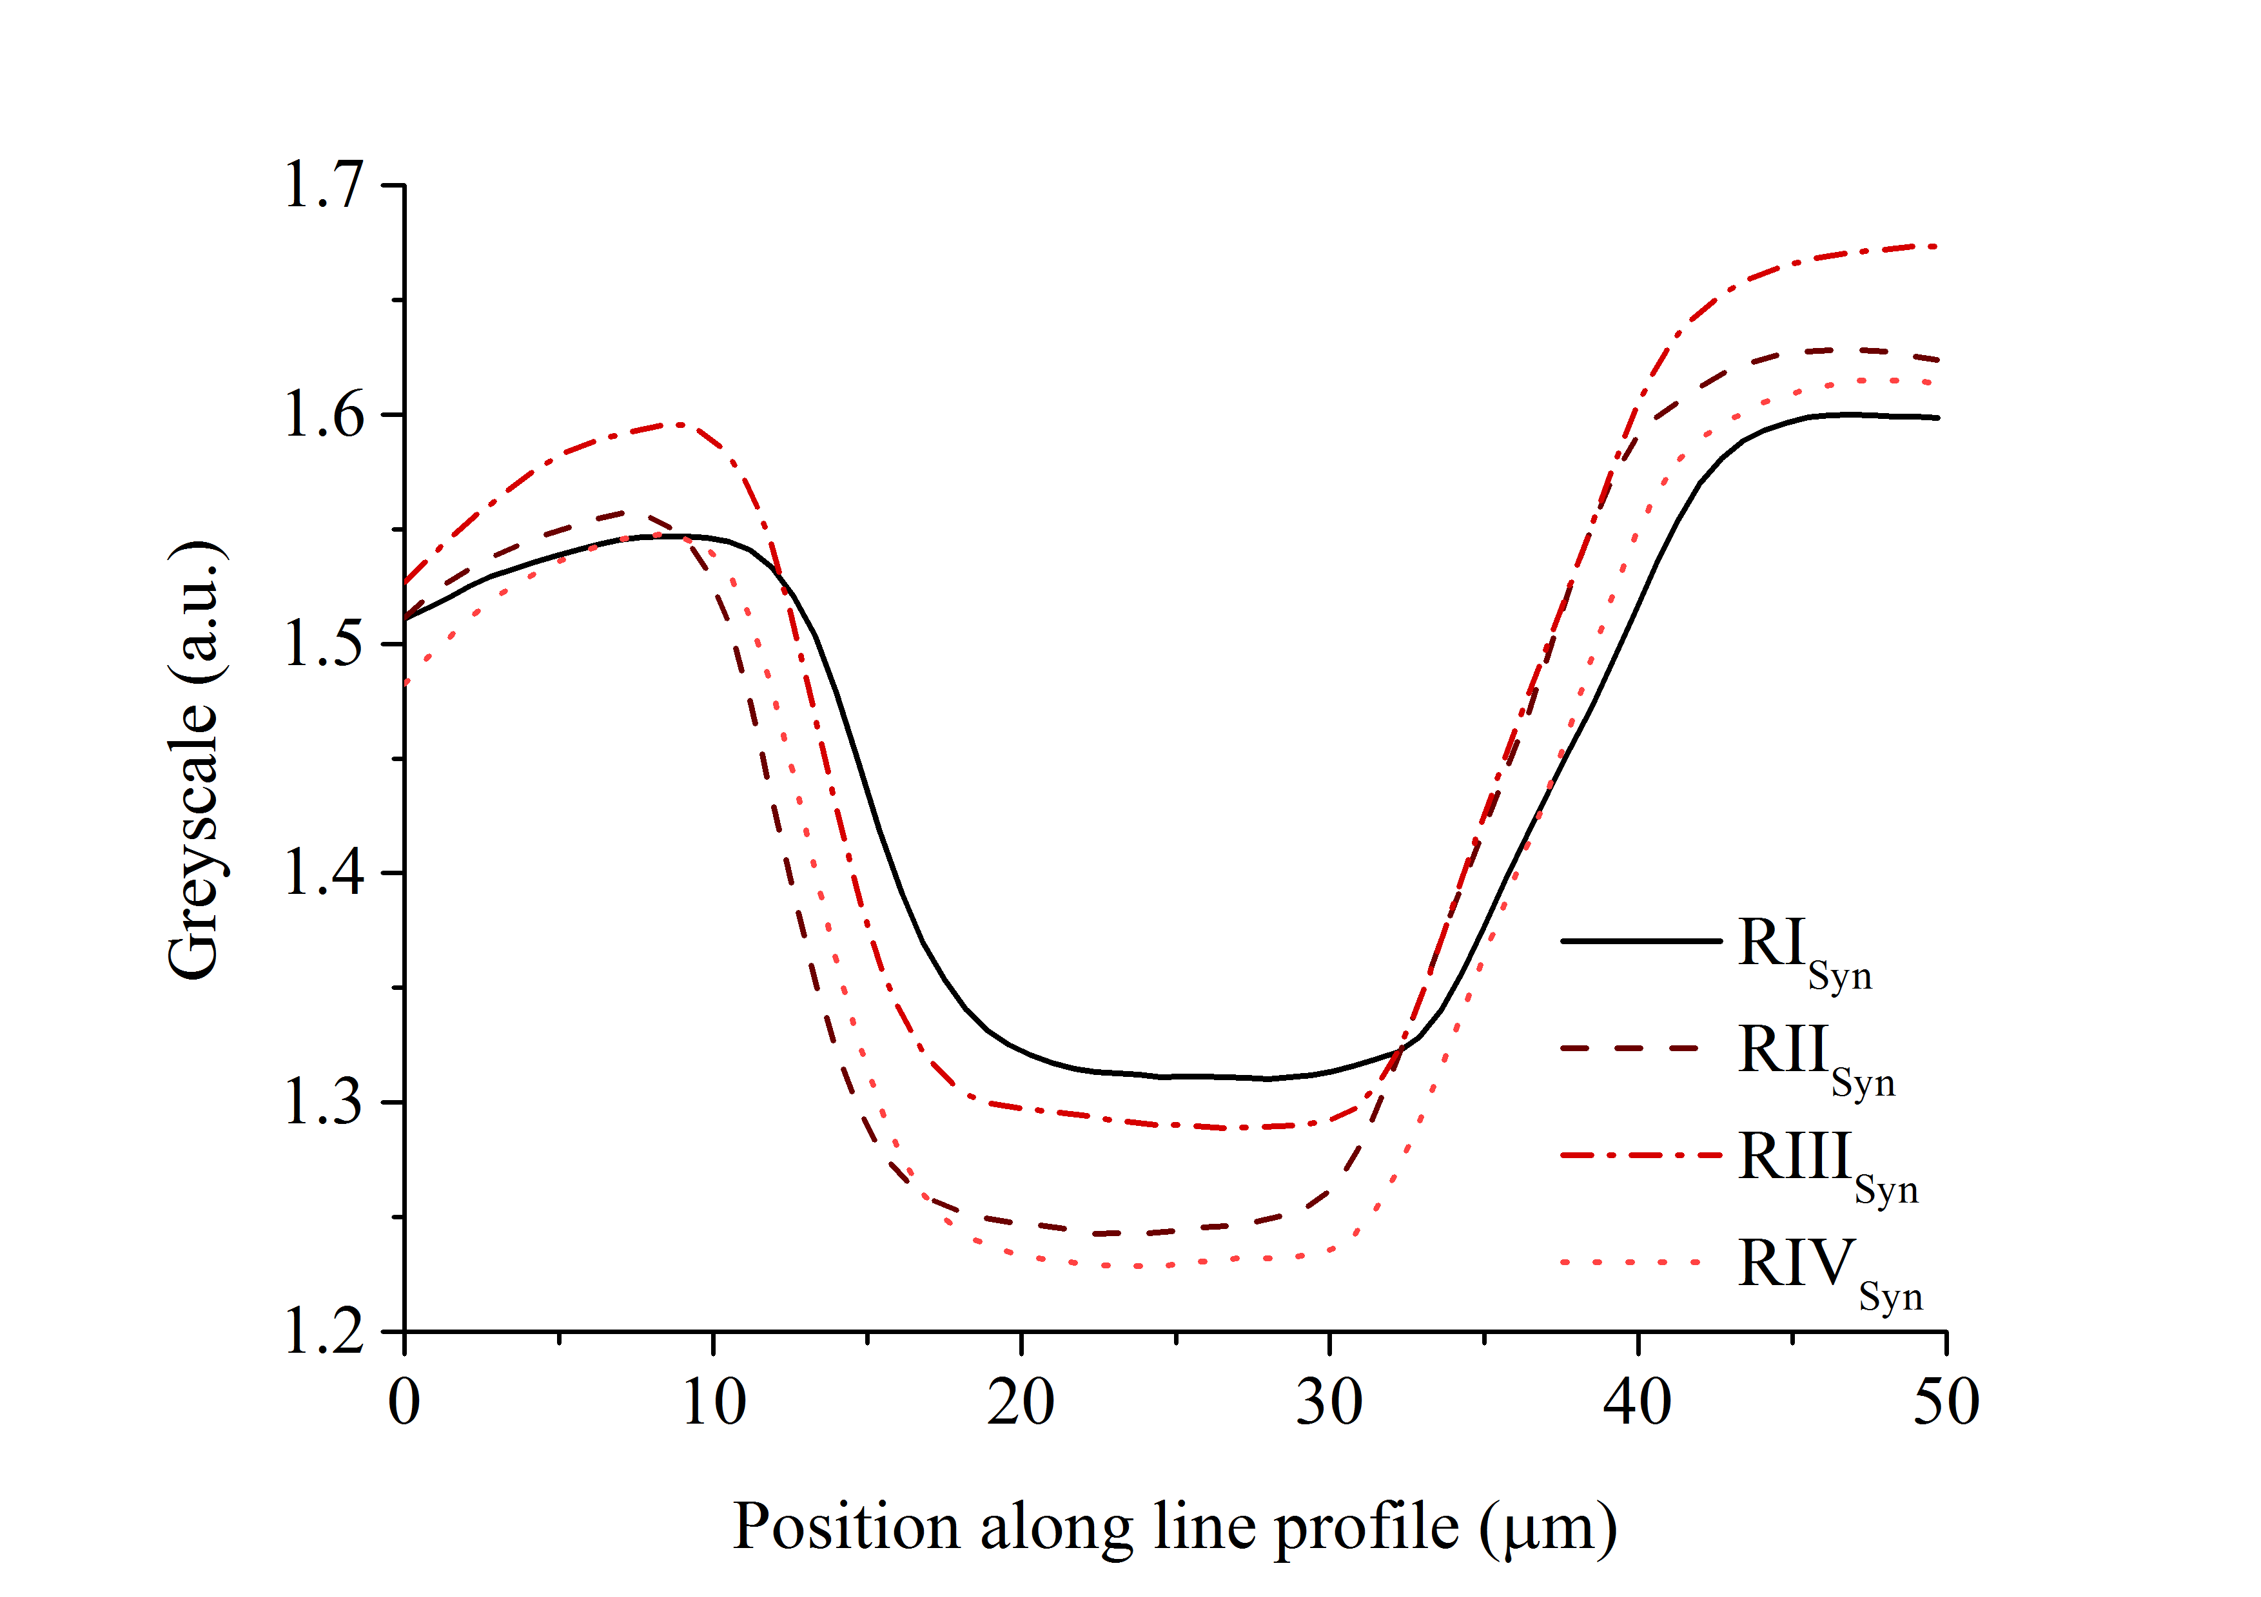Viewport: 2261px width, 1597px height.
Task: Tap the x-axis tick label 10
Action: pos(714,1402)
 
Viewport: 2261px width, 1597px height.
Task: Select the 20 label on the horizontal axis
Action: pos(1021,1402)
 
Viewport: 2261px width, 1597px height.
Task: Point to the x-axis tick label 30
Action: pos(1329,1402)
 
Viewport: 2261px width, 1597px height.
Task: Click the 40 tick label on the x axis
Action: pos(1638,1402)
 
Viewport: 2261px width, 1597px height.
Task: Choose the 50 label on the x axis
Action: pos(1946,1402)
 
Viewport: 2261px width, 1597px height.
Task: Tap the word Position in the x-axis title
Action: pos(846,1528)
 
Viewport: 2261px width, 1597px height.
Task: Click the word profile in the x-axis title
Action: pos(1367,1528)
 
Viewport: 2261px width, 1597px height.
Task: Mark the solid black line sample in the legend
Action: pos(1641,942)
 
